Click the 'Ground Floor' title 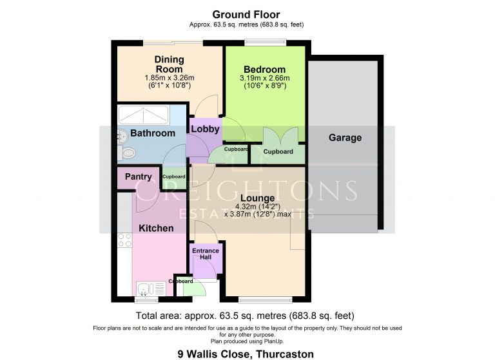[x=247, y=14]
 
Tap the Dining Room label [x=168, y=64]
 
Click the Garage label [x=345, y=137]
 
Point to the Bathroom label [x=153, y=133]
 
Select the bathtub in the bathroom [x=144, y=115]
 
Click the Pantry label [x=139, y=176]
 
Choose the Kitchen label [x=156, y=228]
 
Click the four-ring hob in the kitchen [x=125, y=240]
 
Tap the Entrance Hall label [x=206, y=254]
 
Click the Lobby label [x=205, y=129]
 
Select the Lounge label [x=258, y=198]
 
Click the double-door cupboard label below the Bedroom [x=278, y=152]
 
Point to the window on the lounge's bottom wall [x=257, y=299]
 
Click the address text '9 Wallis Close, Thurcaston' [x=247, y=354]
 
